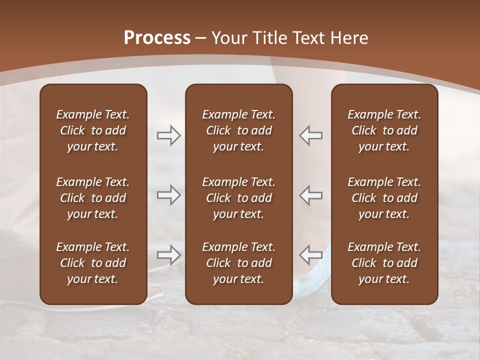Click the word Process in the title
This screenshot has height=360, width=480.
pos(157,38)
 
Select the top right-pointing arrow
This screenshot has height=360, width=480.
pos(168,135)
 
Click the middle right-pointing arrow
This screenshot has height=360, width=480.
pos(168,195)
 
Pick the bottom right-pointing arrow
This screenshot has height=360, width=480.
pos(168,255)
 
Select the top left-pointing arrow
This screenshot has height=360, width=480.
pos(311,135)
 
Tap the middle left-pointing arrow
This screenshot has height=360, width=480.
pos(311,195)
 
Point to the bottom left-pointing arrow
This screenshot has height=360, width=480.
pos(311,255)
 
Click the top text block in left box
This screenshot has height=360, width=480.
pos(93,130)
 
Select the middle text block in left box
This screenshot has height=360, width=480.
pos(93,198)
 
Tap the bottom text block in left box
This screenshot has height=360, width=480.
pos(93,263)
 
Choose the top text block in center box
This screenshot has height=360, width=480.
pos(239,130)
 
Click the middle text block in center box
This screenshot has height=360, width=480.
pos(239,198)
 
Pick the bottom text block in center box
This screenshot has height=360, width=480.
pos(239,263)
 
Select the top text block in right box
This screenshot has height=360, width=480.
pos(384,130)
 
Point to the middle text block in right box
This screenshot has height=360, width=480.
pos(384,198)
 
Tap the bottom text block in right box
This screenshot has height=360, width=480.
pos(384,263)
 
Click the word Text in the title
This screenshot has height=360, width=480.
pos(309,38)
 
